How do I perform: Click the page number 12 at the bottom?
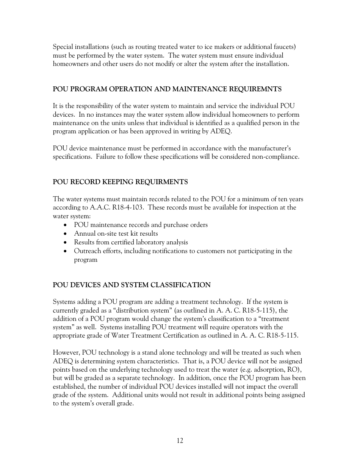[180, 440]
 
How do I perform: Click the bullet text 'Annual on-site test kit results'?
[116, 233]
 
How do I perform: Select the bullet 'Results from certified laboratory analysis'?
[131, 242]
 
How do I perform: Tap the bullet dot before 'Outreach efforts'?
[66, 251]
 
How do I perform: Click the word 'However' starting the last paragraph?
[66, 352]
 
